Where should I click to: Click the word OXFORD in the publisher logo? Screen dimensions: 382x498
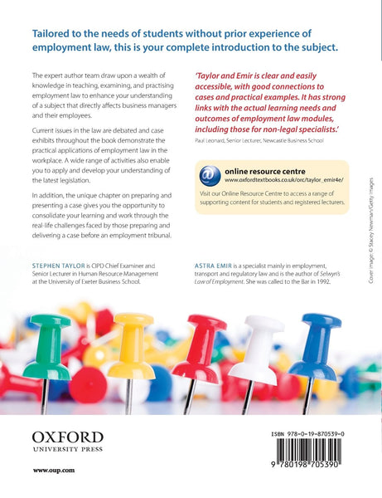[68, 437]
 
